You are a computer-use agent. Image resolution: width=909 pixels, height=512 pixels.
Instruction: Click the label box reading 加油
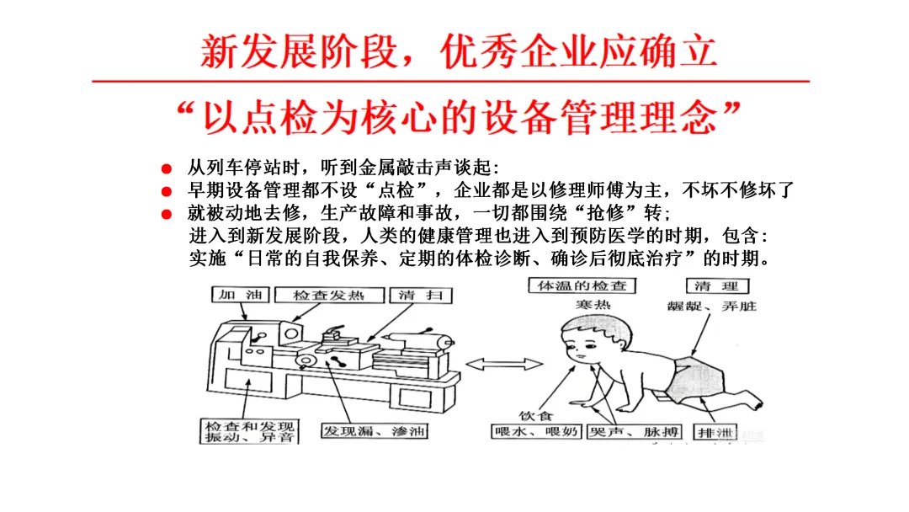click(x=241, y=295)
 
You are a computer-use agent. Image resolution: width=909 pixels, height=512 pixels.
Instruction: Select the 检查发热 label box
click(x=329, y=295)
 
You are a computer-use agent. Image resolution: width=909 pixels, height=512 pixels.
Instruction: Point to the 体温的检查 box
click(x=582, y=285)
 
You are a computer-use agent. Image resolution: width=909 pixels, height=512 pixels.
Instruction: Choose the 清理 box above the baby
click(x=717, y=285)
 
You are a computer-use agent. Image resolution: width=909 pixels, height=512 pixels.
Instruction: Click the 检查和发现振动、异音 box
click(x=249, y=431)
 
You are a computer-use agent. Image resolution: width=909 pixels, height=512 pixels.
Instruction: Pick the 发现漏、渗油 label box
click(x=375, y=431)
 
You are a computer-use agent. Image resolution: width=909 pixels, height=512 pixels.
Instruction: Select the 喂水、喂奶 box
click(x=536, y=432)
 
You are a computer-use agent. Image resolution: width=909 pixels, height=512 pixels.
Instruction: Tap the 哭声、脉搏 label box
click(x=635, y=432)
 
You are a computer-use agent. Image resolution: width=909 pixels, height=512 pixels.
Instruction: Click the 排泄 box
click(x=715, y=432)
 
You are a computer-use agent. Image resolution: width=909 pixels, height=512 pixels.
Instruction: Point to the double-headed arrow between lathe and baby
click(x=504, y=364)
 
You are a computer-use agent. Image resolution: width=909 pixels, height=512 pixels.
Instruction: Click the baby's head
click(x=595, y=339)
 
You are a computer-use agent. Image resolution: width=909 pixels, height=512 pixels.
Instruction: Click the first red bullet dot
click(x=167, y=168)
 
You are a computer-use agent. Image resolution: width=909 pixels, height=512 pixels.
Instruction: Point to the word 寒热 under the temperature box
click(x=593, y=305)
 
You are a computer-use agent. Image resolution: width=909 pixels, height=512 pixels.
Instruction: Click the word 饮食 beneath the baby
click(x=535, y=416)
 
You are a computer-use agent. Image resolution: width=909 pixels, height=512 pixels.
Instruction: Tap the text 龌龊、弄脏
click(x=712, y=307)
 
